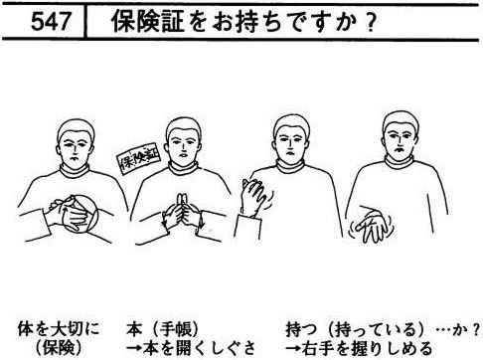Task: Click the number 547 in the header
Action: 51,22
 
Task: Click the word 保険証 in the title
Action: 147,22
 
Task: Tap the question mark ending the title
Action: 372,22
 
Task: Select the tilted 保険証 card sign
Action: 138,158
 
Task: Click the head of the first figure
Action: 76,143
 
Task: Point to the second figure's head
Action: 183,141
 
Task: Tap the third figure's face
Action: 290,143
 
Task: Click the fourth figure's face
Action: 401,141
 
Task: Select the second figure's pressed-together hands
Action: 182,212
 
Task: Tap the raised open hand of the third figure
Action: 253,197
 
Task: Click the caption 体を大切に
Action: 59,329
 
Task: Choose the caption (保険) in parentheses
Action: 59,348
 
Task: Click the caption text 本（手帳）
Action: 163,329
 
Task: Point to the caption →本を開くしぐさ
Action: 191,348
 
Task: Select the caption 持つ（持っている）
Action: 355,329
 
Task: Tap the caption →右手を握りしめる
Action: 359,348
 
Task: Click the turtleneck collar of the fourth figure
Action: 399,163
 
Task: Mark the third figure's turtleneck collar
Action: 290,166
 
